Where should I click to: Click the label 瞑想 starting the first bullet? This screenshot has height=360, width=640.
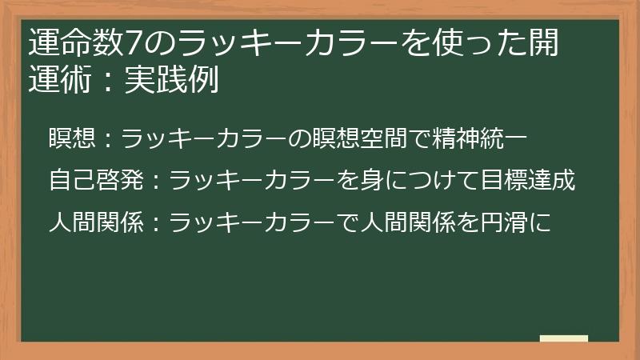(x=73, y=138)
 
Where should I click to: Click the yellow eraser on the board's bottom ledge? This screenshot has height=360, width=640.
(x=563, y=338)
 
